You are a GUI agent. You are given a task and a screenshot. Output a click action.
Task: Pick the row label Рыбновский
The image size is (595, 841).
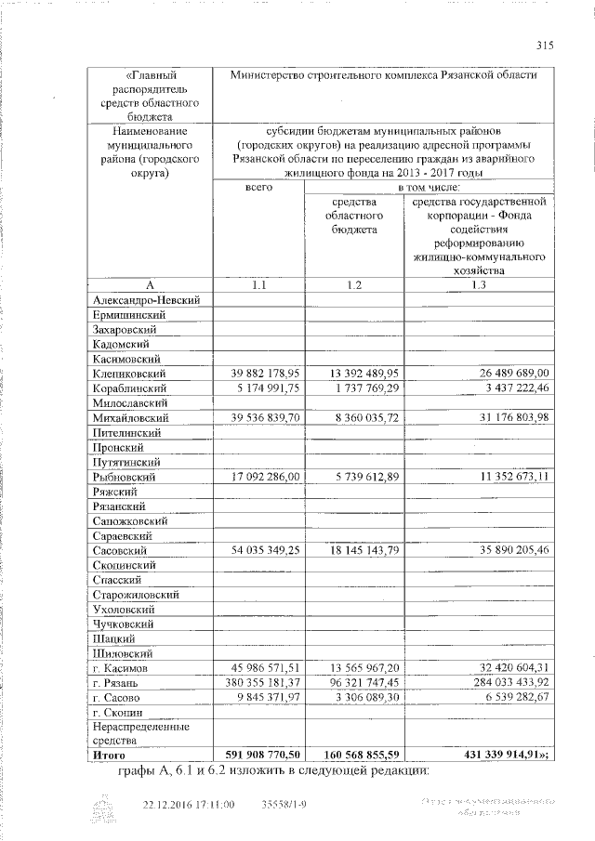point(125,477)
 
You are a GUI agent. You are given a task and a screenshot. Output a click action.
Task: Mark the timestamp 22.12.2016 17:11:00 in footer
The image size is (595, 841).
point(189,804)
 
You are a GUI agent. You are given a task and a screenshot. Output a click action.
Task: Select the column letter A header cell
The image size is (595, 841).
point(150,284)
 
